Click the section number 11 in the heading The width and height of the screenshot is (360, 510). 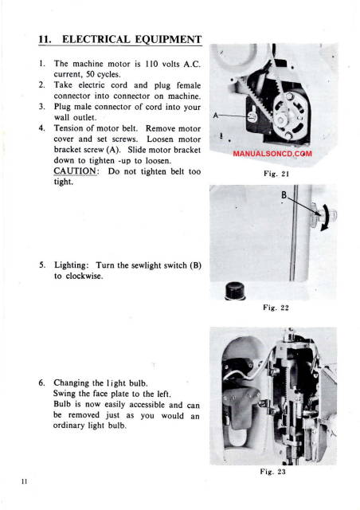click(x=46, y=38)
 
